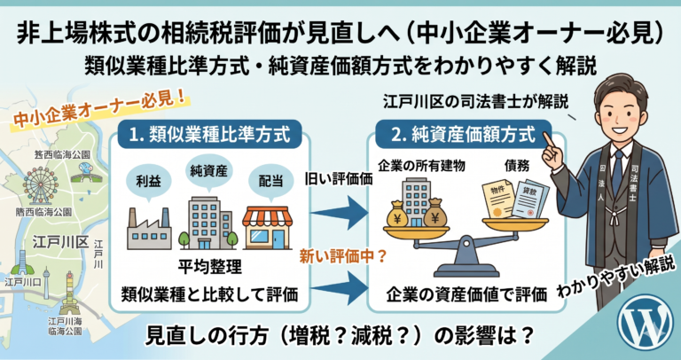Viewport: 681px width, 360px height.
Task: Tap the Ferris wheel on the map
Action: tap(40, 187)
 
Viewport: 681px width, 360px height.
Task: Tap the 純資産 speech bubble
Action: tap(209, 168)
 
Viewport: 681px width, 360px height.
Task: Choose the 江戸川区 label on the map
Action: tap(53, 241)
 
